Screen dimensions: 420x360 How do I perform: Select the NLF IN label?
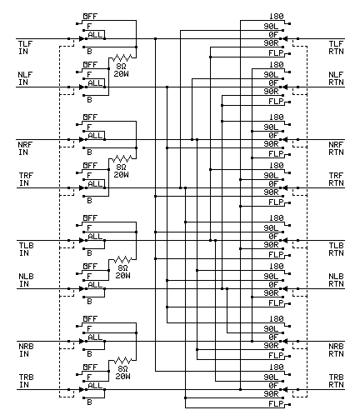[x=27, y=79]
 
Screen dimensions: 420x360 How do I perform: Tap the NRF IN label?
[x=27, y=148]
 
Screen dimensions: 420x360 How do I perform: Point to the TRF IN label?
[x=27, y=179]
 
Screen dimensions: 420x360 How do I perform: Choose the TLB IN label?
[x=27, y=249]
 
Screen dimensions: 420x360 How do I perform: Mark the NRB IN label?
[x=27, y=348]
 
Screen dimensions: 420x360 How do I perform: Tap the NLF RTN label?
[x=336, y=79]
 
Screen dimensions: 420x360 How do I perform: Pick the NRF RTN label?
[x=336, y=148]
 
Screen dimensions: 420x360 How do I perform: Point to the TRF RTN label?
[x=336, y=179]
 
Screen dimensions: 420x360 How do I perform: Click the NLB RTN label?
[x=336, y=280]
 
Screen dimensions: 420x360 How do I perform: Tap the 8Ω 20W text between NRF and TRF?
[x=122, y=171]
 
